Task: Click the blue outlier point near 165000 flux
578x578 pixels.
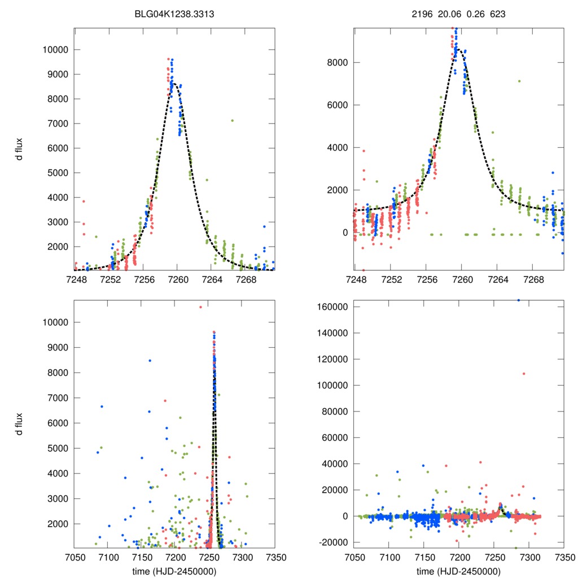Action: [518, 300]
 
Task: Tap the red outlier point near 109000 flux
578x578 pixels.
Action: [524, 374]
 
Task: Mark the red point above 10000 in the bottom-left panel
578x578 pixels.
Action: [200, 307]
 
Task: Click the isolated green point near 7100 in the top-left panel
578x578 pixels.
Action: [232, 120]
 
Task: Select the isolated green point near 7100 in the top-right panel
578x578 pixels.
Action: [519, 81]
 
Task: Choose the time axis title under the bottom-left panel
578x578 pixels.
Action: [178, 571]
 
